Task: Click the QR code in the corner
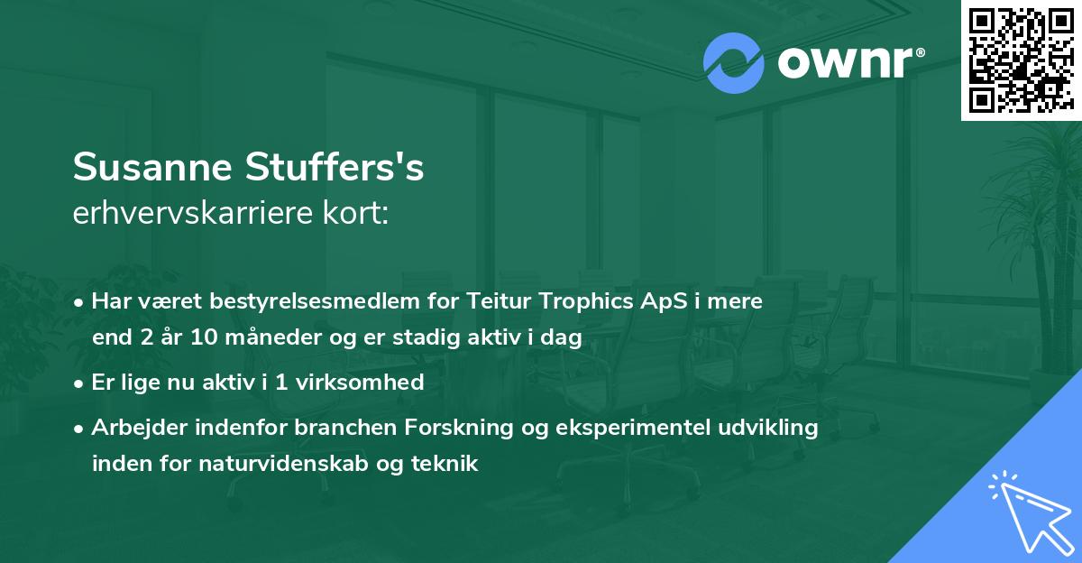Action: (1021, 60)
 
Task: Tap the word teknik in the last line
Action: (445, 464)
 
